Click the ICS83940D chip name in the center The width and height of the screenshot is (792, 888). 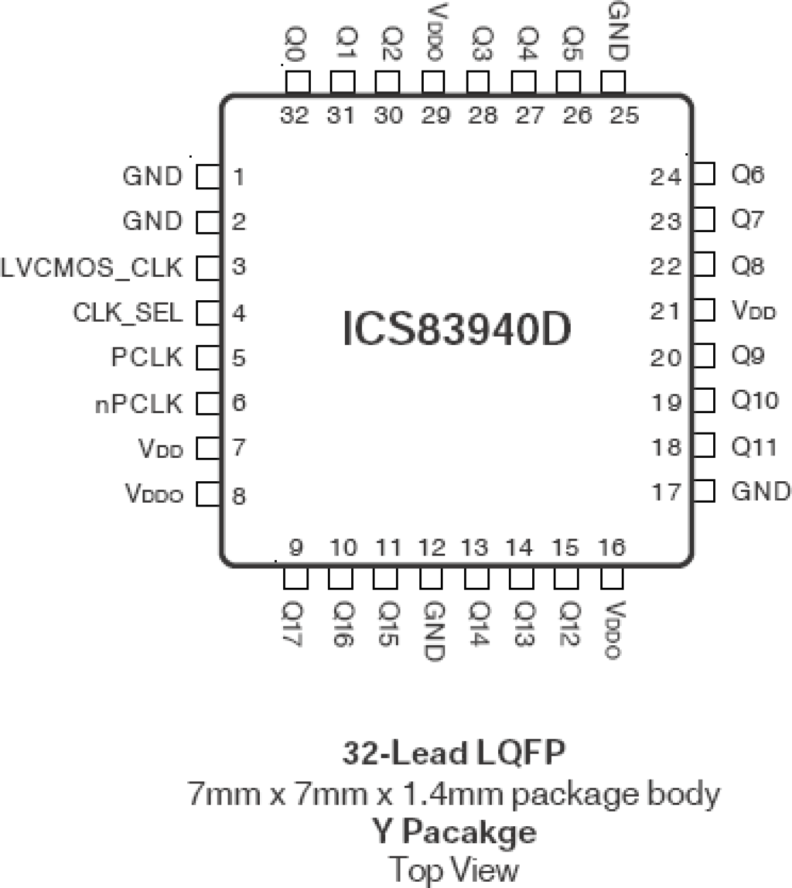point(457,329)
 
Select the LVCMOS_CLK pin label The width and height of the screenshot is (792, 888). point(92,267)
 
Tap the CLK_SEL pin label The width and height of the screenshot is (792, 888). point(128,313)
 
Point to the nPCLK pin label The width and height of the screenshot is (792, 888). point(139,404)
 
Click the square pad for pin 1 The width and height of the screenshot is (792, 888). point(207,177)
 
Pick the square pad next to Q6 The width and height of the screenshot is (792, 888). point(704,173)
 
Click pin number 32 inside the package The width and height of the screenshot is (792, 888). point(294,116)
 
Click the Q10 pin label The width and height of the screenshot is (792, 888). point(755,400)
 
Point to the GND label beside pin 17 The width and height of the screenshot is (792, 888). point(760,491)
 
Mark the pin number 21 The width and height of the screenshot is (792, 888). point(666,312)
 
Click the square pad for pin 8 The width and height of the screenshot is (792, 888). point(207,494)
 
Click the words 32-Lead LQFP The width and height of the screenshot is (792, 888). point(454,753)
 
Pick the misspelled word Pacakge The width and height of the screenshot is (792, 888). point(469,831)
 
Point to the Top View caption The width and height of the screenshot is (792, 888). point(454,870)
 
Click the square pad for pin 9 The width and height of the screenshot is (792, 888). point(296,578)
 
